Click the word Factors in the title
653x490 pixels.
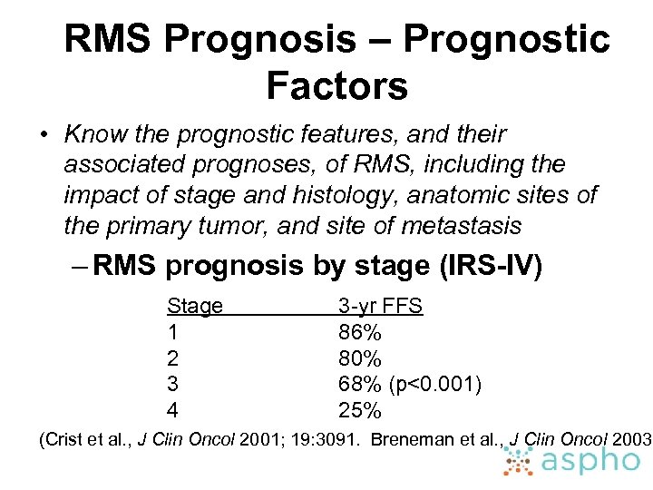coord(336,87)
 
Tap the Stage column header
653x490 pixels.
coord(195,306)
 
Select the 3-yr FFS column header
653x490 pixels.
coord(380,306)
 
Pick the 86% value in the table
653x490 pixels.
coord(359,332)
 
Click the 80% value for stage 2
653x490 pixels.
coord(359,358)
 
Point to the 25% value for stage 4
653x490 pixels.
coord(359,411)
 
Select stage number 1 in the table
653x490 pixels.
coord(172,332)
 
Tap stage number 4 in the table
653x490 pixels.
coord(173,411)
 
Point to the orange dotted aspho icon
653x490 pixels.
coord(519,460)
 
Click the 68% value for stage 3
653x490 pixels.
coord(359,385)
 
